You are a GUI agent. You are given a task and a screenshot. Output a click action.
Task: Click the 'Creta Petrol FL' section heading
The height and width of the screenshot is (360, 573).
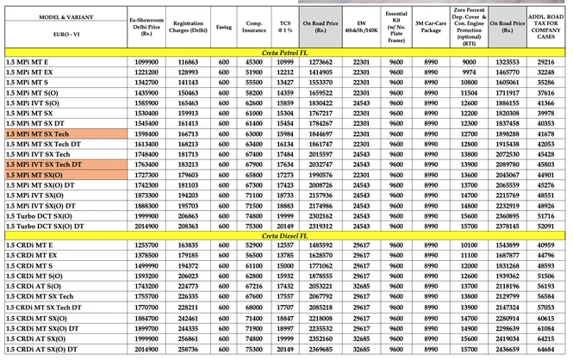pyautogui.click(x=286, y=53)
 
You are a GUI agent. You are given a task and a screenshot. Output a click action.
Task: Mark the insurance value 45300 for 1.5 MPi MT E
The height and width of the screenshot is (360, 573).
pyautogui.click(x=254, y=63)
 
